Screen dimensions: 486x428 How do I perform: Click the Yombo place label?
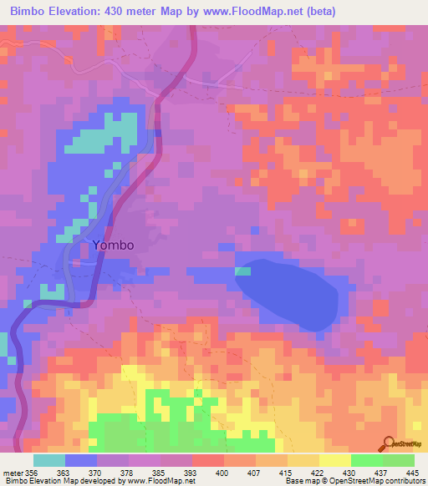tap(113, 246)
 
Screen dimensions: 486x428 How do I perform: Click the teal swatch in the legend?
tap(49, 460)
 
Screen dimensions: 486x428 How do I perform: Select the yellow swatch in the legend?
tap(334, 460)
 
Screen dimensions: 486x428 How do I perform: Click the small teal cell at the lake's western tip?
tap(242, 271)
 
